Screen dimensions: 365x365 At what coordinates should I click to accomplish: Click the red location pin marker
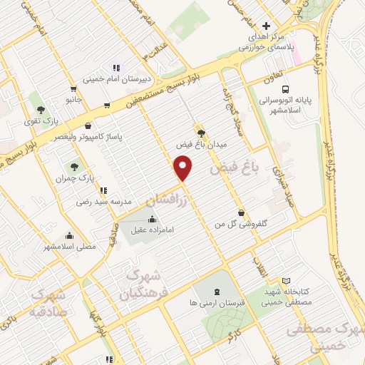(x=183, y=169)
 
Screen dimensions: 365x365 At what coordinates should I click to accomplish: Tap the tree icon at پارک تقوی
(x=39, y=110)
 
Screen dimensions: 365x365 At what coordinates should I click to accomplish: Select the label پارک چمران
(x=76, y=177)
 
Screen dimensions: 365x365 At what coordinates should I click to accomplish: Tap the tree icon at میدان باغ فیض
(x=201, y=132)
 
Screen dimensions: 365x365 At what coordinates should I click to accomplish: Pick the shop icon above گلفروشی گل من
(x=241, y=212)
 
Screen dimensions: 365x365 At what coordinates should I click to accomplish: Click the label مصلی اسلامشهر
(x=70, y=247)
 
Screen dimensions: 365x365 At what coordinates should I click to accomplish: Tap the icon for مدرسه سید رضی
(x=104, y=190)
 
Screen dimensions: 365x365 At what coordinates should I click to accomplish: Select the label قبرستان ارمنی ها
(x=215, y=302)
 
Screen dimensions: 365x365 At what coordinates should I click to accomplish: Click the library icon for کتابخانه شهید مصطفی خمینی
(x=287, y=282)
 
